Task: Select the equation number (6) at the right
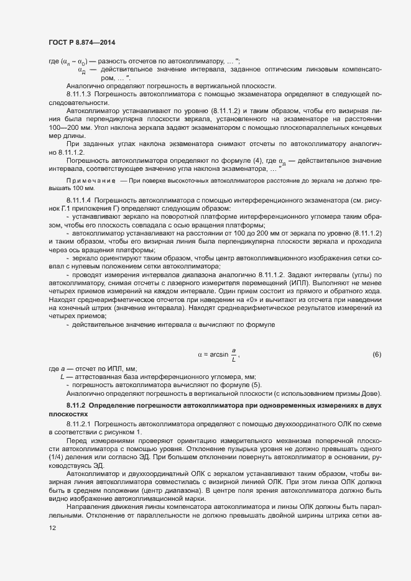click(x=376, y=355)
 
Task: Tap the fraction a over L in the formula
click(x=234, y=355)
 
